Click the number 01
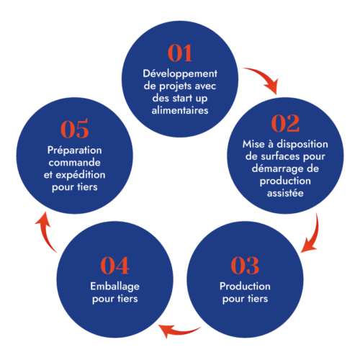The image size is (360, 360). click(x=180, y=53)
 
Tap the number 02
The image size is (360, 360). click(x=285, y=123)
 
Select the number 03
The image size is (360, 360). click(x=245, y=265)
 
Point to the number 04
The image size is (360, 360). click(x=114, y=265)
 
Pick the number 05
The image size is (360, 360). click(x=74, y=129)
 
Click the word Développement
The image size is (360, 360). click(x=180, y=73)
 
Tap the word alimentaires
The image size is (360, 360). click(x=180, y=110)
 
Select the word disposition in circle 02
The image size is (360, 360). click(x=302, y=145)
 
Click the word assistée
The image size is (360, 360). click(x=285, y=193)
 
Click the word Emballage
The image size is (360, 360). click(x=114, y=287)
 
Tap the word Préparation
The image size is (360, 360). click(x=75, y=150)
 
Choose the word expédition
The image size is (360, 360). click(x=81, y=175)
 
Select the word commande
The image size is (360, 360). click(x=74, y=163)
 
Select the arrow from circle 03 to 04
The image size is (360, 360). click(x=178, y=332)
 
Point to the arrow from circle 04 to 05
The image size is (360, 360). click(x=45, y=232)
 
